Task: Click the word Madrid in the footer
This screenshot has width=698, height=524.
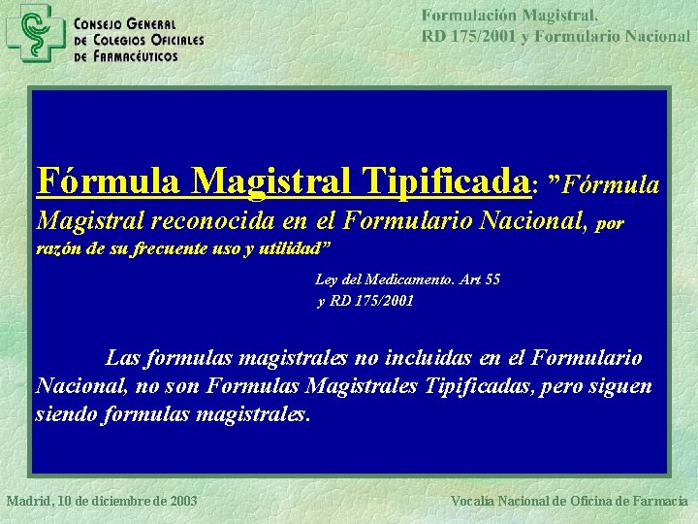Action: click(x=27, y=501)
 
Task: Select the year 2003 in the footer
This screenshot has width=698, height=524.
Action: click(x=181, y=501)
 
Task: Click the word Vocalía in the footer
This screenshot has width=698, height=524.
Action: click(x=478, y=501)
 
